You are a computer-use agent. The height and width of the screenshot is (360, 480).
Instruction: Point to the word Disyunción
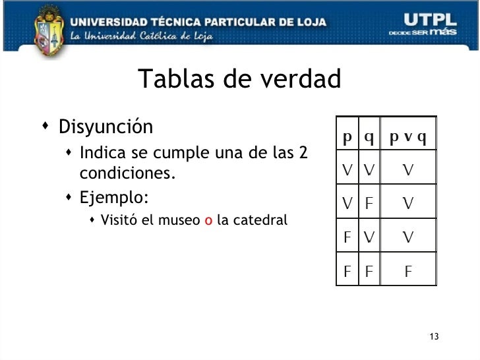pyautogui.click(x=105, y=127)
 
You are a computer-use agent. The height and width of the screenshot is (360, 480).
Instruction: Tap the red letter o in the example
pyautogui.click(x=208, y=220)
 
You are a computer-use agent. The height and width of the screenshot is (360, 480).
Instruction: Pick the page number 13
pyautogui.click(x=433, y=338)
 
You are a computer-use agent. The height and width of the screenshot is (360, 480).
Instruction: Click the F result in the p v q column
pyautogui.click(x=408, y=270)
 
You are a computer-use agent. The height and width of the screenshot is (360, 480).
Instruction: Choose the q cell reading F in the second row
pyautogui.click(x=369, y=203)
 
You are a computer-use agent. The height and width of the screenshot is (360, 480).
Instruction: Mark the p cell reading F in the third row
pyautogui.click(x=347, y=237)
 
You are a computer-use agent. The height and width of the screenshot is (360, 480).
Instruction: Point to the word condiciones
pyautogui.click(x=127, y=173)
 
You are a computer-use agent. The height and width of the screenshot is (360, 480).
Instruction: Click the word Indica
pyautogui.click(x=102, y=153)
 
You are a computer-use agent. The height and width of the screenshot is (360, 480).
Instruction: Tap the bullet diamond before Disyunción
pyautogui.click(x=44, y=125)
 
